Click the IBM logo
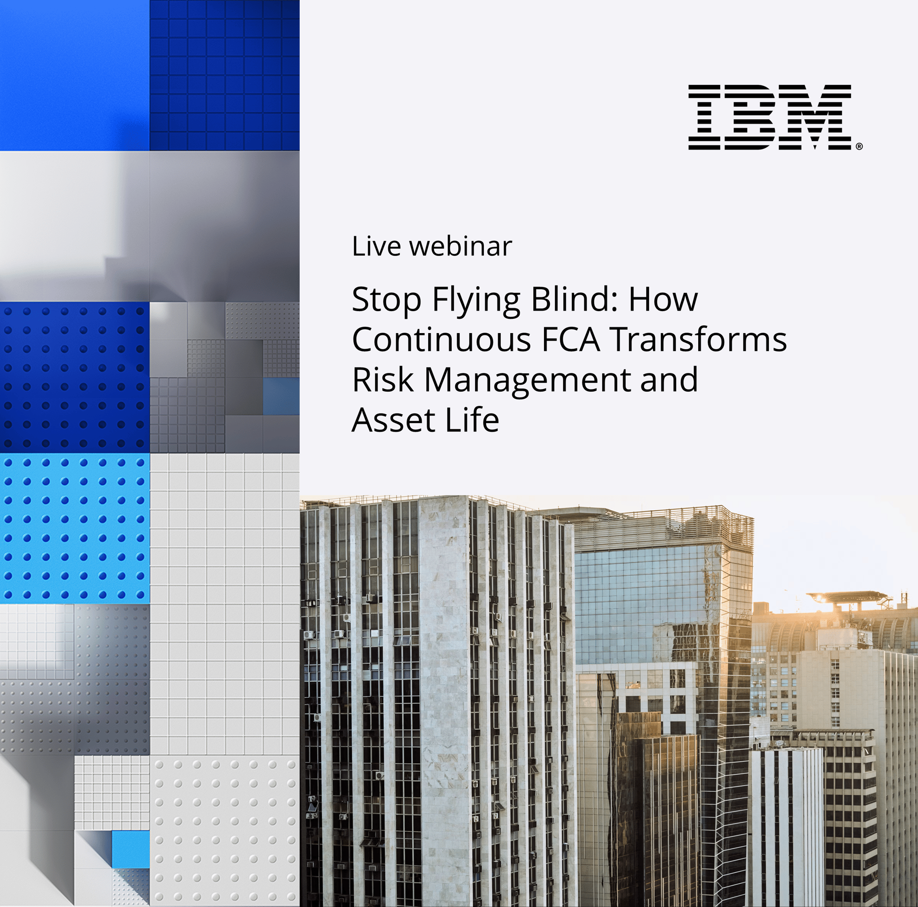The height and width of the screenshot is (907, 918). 769,117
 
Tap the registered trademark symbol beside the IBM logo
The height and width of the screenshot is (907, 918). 859,147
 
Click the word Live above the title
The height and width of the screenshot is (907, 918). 376,246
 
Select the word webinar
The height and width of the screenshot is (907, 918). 460,246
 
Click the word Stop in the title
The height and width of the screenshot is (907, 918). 386,300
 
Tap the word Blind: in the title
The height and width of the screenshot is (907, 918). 575,300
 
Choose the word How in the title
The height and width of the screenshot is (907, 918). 663,300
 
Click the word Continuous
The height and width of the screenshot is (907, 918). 442,340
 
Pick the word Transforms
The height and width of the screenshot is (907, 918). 699,340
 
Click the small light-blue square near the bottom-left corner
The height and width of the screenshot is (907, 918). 131,850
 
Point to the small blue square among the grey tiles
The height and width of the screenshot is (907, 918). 281,396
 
